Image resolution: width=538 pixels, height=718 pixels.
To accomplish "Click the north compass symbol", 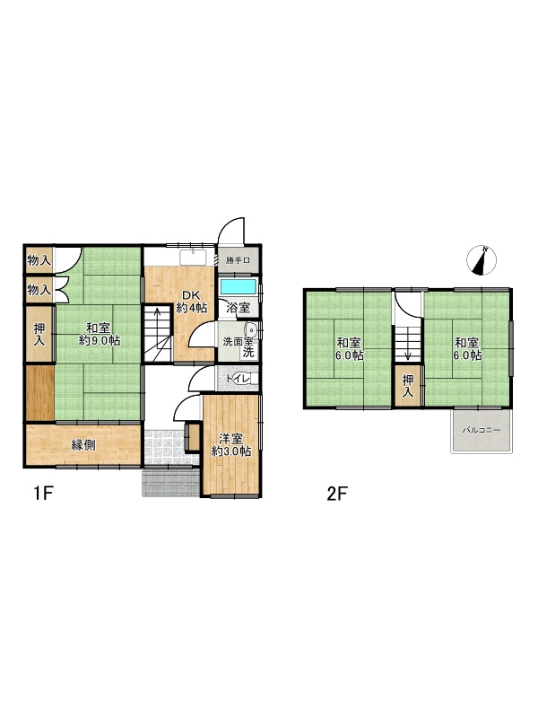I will pyautogui.click(x=482, y=259).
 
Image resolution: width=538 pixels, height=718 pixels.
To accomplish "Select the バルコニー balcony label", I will pyautogui.click(x=482, y=431).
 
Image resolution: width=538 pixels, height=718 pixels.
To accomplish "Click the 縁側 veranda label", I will pyautogui.click(x=83, y=445).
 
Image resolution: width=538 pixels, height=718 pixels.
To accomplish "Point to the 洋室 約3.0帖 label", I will pyautogui.click(x=230, y=445).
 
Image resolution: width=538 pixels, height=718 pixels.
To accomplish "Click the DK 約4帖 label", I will pyautogui.click(x=191, y=302).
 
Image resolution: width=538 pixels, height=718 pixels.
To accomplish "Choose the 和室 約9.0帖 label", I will pyautogui.click(x=99, y=334).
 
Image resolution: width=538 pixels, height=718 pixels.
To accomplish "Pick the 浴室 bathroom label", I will pyautogui.click(x=238, y=309).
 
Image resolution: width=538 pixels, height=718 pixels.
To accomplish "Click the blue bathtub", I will pyautogui.click(x=238, y=286).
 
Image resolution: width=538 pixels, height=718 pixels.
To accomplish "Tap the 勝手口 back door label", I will pyautogui.click(x=238, y=261).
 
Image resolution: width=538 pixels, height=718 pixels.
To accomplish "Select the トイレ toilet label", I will pyautogui.click(x=238, y=380).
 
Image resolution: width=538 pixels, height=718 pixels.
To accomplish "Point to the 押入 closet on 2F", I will pyautogui.click(x=408, y=387).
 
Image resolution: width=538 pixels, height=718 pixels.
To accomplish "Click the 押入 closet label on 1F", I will pyautogui.click(x=39, y=334).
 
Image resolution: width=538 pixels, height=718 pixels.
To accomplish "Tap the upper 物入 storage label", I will pyautogui.click(x=38, y=260).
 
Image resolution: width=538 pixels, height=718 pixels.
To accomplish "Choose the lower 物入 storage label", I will pyautogui.click(x=38, y=290).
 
